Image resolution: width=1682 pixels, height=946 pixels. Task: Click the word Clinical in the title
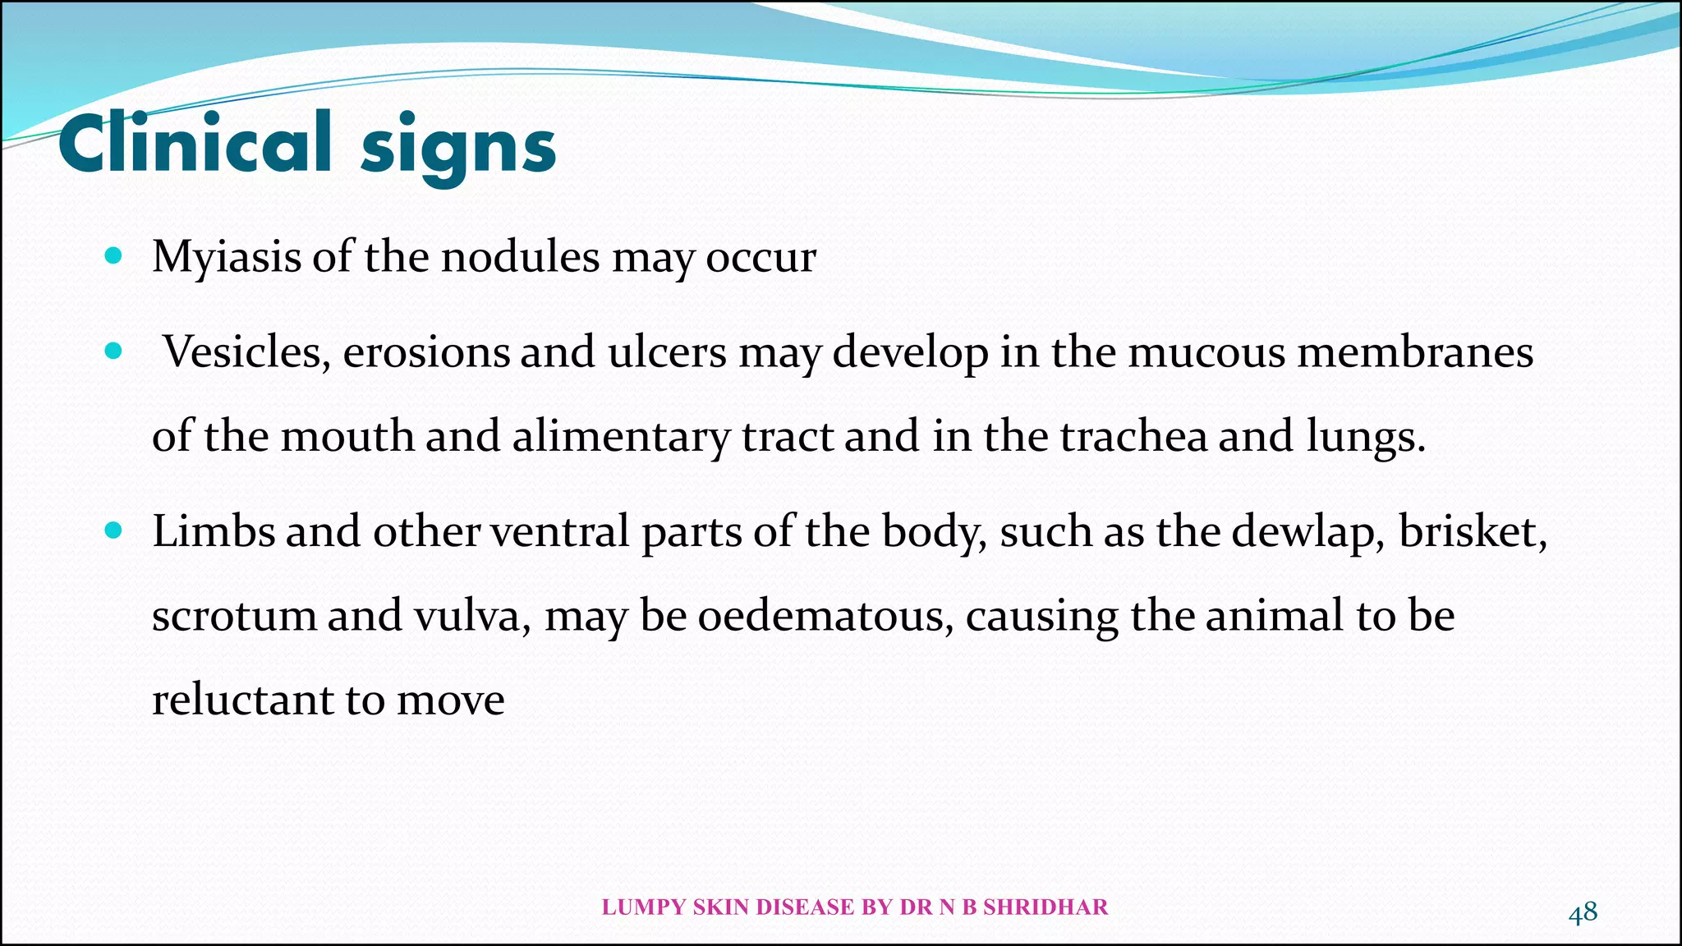(195, 144)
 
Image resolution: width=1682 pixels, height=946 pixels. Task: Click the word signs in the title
(458, 148)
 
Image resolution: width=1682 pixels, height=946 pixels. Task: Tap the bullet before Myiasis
(114, 256)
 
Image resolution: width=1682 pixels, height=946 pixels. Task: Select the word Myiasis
(227, 258)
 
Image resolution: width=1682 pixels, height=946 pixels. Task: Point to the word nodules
(521, 256)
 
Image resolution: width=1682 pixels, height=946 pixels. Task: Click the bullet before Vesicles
(114, 352)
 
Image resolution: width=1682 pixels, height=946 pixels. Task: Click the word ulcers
(667, 352)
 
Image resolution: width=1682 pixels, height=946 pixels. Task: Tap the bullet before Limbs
(114, 531)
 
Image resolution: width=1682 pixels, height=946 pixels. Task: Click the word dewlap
(1307, 532)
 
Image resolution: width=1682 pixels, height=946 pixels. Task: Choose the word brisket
(1472, 531)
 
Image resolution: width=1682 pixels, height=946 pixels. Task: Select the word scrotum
(234, 616)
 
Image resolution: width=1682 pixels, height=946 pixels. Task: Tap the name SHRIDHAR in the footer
(1046, 907)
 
